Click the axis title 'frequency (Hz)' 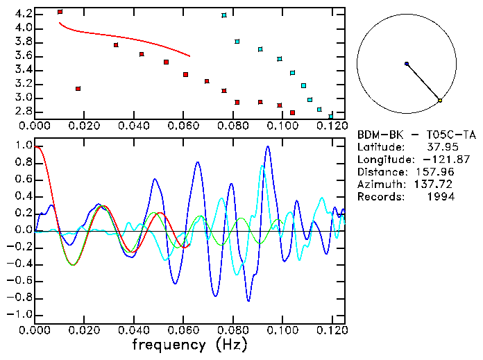189,345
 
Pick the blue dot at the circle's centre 407,64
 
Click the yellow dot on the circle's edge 440,101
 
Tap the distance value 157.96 438,172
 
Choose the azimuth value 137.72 438,185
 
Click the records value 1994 441,197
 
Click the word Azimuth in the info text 379,185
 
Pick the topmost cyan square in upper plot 224,15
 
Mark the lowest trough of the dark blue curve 248,300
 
